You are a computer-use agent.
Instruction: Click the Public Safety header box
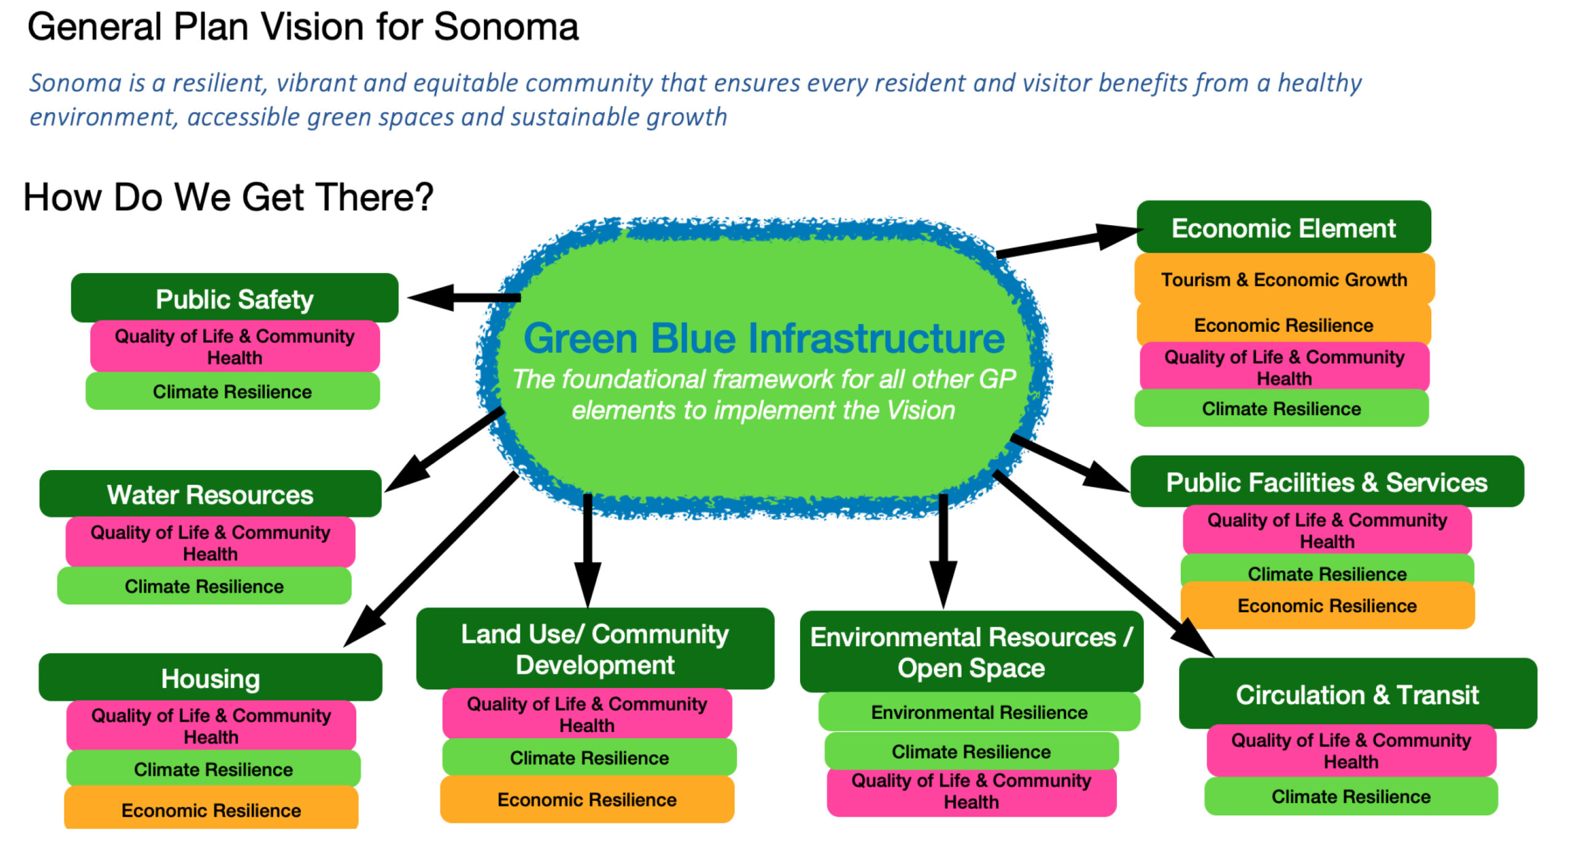coord(235,299)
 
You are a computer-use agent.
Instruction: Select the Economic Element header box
coord(1283,228)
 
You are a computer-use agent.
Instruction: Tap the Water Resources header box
coord(210,494)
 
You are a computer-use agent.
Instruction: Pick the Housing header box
coord(210,678)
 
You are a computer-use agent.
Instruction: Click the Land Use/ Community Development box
coord(594,649)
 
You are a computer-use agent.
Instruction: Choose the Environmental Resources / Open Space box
coord(971,652)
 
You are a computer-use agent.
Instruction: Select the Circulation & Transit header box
coord(1357,695)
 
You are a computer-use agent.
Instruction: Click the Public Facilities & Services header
coord(1326,482)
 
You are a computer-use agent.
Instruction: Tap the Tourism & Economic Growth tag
coord(1283,280)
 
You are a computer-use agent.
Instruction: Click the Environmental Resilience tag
coord(979,712)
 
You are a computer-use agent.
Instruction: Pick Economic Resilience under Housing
coord(211,810)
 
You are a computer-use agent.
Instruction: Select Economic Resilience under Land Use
coord(587,799)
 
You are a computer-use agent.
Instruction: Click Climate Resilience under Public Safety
coord(232,391)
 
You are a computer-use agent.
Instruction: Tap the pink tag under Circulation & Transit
coord(1351,751)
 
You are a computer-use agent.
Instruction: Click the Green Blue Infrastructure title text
coord(764,339)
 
